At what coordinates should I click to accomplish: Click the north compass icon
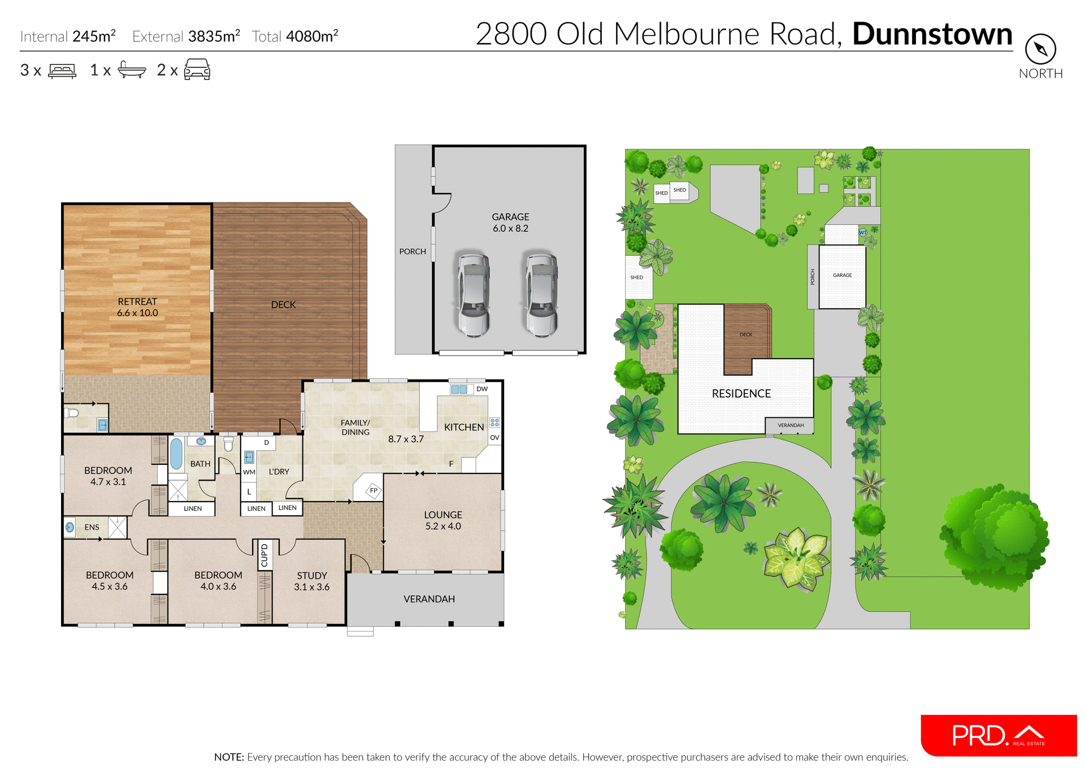(1040, 49)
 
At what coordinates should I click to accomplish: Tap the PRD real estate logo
(998, 735)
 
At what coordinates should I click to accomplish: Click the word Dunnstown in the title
(932, 34)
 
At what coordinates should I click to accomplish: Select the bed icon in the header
(62, 71)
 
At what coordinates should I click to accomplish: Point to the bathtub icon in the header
(132, 70)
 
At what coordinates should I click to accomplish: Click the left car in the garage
(473, 294)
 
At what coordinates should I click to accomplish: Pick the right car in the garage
(541, 294)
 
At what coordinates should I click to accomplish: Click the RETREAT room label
(137, 302)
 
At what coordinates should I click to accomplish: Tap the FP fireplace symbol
(374, 490)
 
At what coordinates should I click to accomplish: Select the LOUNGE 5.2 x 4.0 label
(443, 520)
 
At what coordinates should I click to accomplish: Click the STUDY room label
(312, 576)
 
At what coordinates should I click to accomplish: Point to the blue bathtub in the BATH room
(176, 454)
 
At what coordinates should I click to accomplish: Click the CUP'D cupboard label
(264, 554)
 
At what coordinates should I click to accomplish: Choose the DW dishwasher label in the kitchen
(481, 389)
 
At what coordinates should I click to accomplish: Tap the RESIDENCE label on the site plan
(741, 394)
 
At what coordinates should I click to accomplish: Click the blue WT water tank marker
(862, 232)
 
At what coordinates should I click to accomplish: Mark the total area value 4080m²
(312, 37)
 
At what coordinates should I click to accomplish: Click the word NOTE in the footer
(229, 757)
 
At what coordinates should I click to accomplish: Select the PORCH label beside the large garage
(413, 252)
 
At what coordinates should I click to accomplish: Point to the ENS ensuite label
(92, 527)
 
